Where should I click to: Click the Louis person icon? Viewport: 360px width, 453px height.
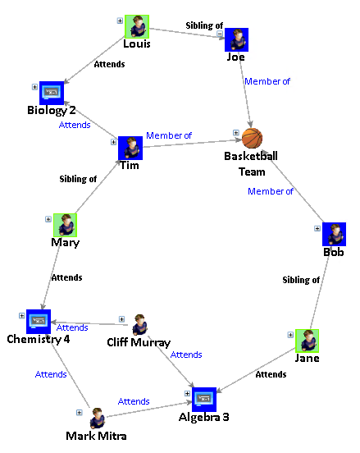137,27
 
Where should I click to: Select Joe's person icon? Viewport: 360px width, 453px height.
236,40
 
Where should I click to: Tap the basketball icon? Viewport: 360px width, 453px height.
253,138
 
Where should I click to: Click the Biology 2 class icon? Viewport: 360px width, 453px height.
52,93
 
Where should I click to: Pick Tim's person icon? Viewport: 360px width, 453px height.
130,149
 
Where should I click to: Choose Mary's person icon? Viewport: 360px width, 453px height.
65,225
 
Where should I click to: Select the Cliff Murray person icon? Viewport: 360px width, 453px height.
139,324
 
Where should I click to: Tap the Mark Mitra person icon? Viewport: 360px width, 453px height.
97,417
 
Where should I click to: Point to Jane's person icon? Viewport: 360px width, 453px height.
307,341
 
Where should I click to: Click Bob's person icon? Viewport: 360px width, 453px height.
334,234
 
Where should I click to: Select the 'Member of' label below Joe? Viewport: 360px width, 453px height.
267,81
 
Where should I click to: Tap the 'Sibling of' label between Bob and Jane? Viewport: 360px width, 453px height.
301,280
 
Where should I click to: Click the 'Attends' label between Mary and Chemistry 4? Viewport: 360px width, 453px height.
66,277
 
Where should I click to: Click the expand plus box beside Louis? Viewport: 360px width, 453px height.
120,21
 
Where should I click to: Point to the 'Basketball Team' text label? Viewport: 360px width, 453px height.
252,163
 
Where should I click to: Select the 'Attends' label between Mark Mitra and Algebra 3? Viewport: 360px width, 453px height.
134,401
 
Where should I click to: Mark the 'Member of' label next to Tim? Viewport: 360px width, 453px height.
169,135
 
